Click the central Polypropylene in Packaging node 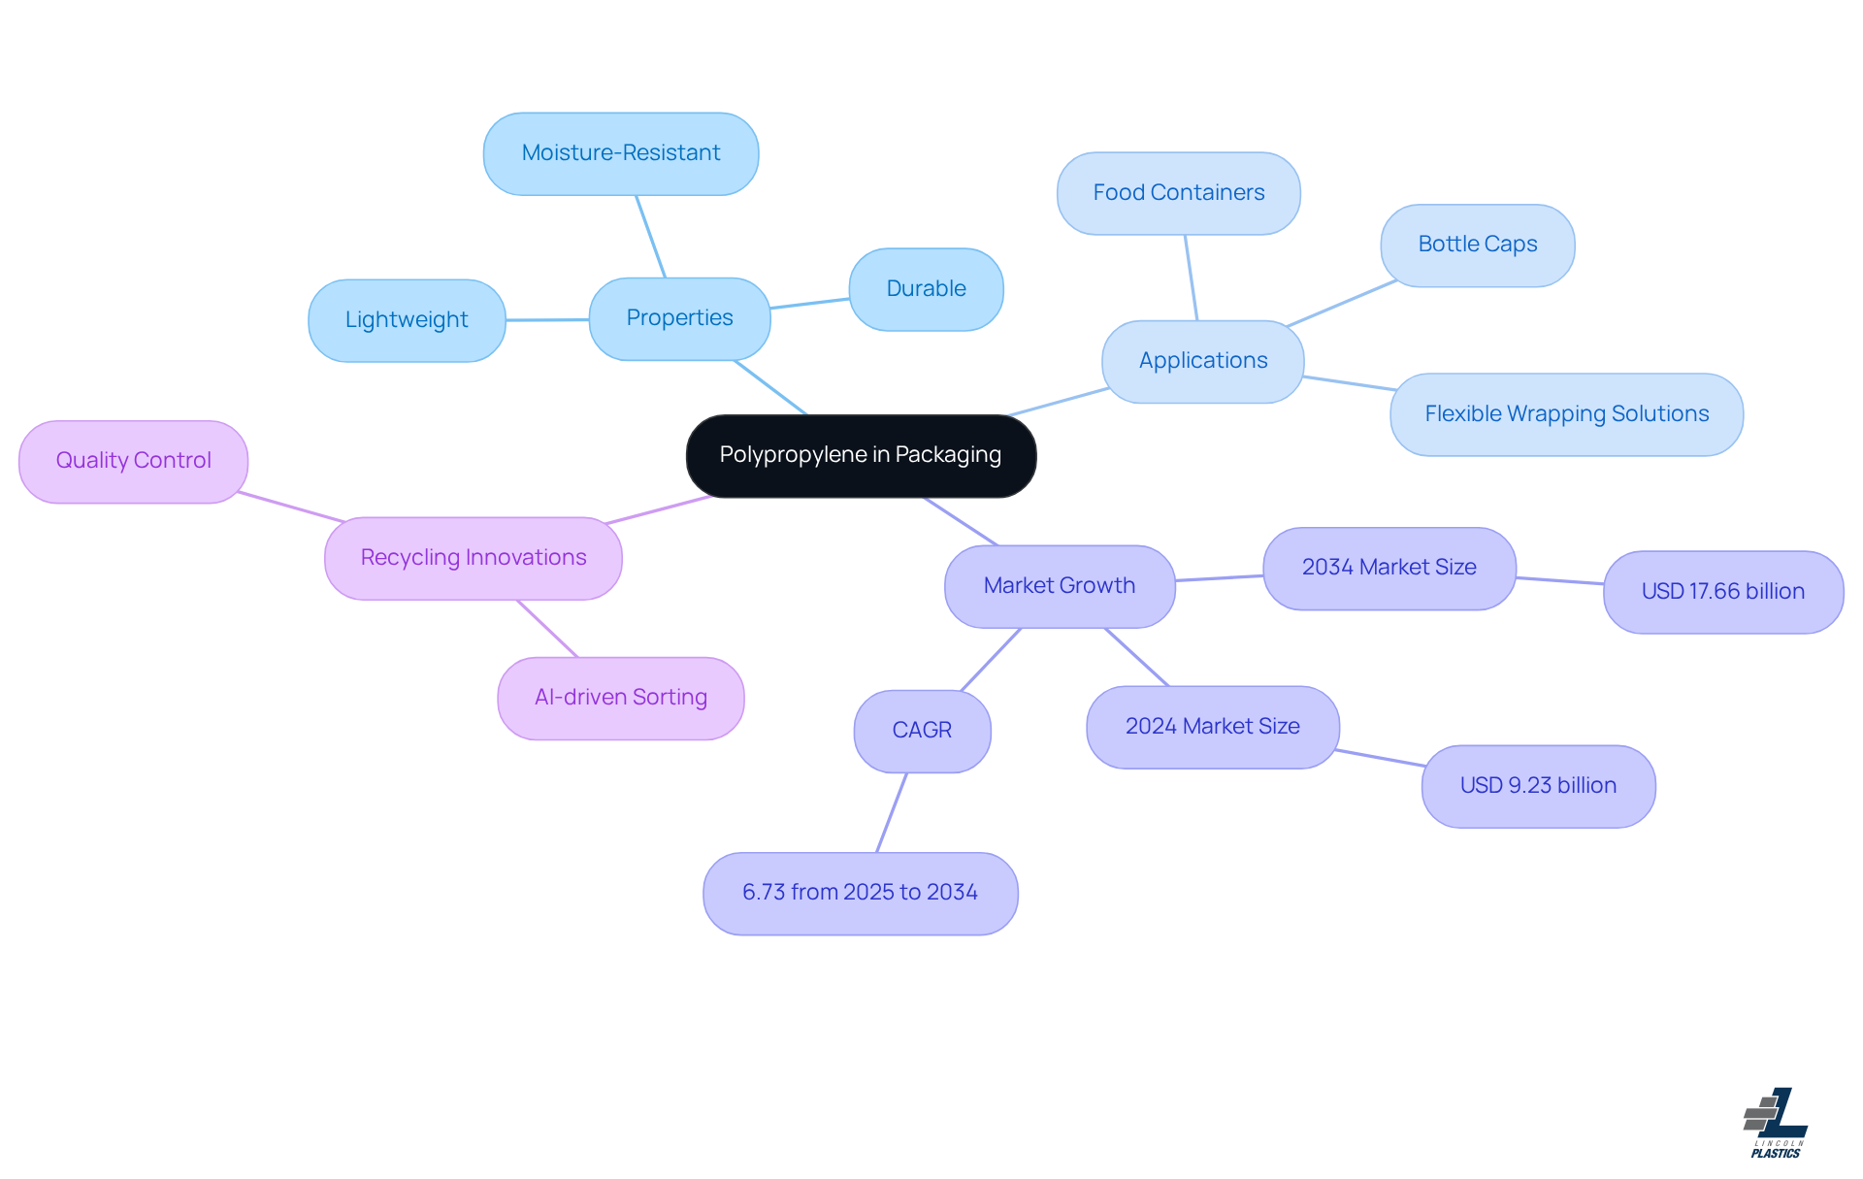tap(861, 455)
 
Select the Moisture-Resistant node tap(621, 153)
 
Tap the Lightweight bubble tap(407, 320)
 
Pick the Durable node tap(926, 289)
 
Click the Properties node tap(679, 318)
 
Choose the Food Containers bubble tap(1178, 193)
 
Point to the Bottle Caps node tap(1477, 245)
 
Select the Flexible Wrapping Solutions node tap(1566, 414)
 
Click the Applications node tap(1202, 361)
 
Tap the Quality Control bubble tap(133, 461)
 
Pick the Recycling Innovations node tap(473, 558)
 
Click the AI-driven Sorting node tap(620, 698)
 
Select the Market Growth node tap(1059, 586)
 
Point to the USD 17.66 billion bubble tap(1722, 592)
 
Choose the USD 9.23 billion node tap(1538, 786)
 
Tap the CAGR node tap(922, 731)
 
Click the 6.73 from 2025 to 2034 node tap(860, 893)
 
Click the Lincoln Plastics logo tap(1776, 1123)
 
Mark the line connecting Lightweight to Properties tap(547, 319)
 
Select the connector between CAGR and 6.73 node tap(892, 812)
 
